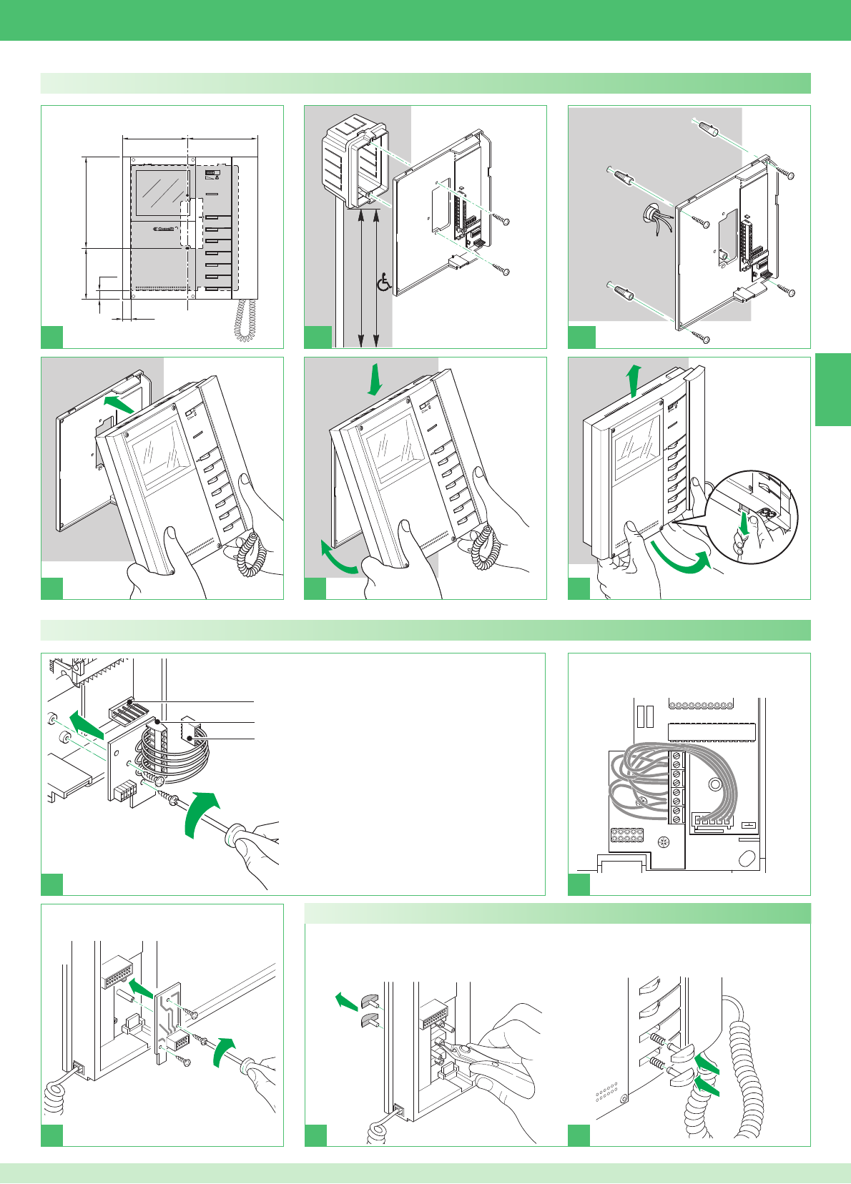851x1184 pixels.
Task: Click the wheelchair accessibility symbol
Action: click(384, 283)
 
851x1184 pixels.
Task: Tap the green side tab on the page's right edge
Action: click(832, 390)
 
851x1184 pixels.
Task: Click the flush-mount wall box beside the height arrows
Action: click(353, 164)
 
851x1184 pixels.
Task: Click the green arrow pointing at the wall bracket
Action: click(117, 405)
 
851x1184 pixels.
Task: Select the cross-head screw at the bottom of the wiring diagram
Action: click(664, 842)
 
